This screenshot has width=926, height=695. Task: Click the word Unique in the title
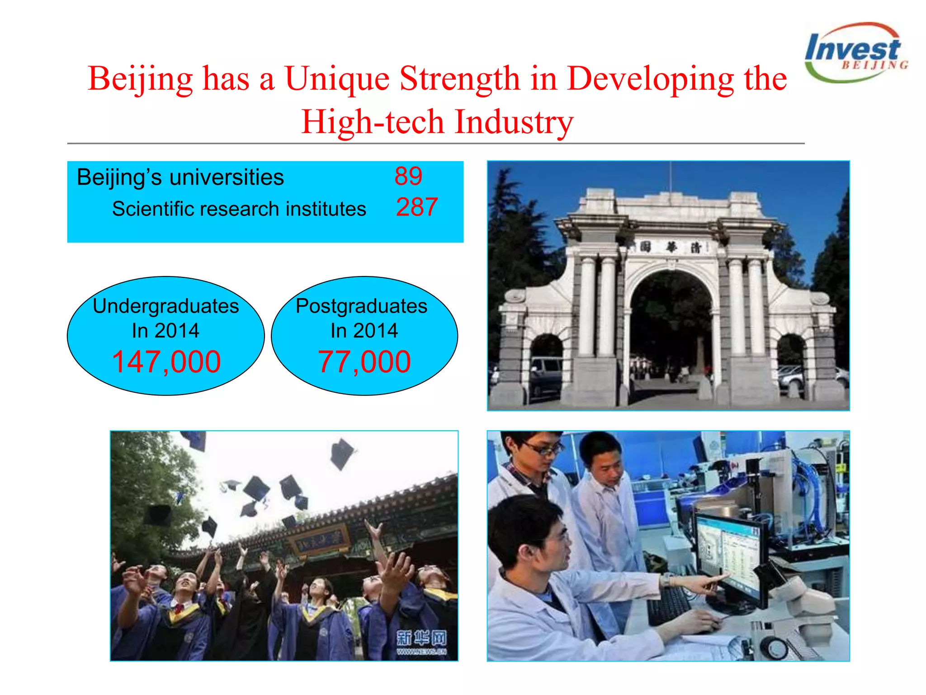click(x=337, y=79)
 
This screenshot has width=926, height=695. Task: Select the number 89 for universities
click(x=408, y=176)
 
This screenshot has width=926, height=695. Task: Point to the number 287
click(x=416, y=207)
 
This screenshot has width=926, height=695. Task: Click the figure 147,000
click(x=166, y=362)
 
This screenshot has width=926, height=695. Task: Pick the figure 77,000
click(x=364, y=362)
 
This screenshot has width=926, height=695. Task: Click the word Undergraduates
click(x=166, y=306)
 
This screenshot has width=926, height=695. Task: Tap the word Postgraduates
click(x=361, y=306)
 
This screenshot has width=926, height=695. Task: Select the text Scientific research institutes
click(x=239, y=209)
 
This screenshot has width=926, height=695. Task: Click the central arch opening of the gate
click(x=671, y=326)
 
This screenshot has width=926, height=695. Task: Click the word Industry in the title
click(x=514, y=122)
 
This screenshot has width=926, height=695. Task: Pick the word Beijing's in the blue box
click(x=119, y=177)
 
